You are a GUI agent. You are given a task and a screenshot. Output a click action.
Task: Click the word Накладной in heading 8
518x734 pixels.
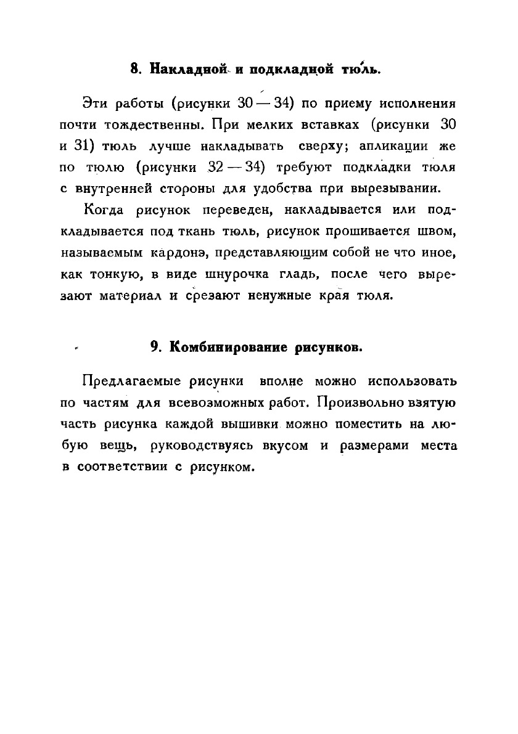(186, 69)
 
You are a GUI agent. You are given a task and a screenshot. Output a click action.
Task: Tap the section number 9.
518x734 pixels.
(156, 347)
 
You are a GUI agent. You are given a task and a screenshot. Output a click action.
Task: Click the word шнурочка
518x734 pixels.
(220, 275)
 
